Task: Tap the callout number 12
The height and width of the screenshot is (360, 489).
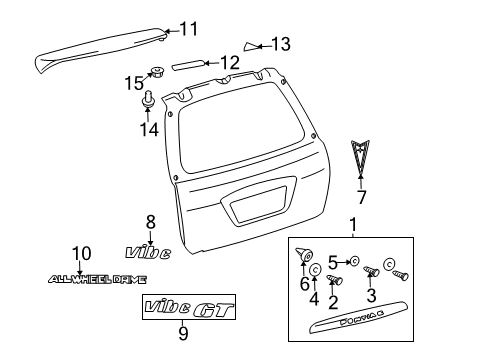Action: (x=229, y=63)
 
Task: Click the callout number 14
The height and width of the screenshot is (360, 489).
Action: (x=150, y=128)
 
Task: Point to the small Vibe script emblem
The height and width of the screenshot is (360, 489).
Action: (x=148, y=253)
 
